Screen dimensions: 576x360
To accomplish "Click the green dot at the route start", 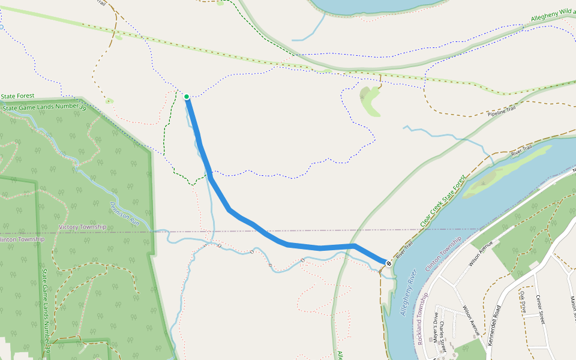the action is coord(187,97).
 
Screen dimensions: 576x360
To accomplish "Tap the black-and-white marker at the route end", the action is coord(389,263).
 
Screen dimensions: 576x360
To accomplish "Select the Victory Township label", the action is coord(82,227).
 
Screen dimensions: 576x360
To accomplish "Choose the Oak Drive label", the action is coord(523,304).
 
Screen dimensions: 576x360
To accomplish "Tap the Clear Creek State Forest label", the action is coord(443,202).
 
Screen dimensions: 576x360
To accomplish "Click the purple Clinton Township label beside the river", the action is coord(443,254).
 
